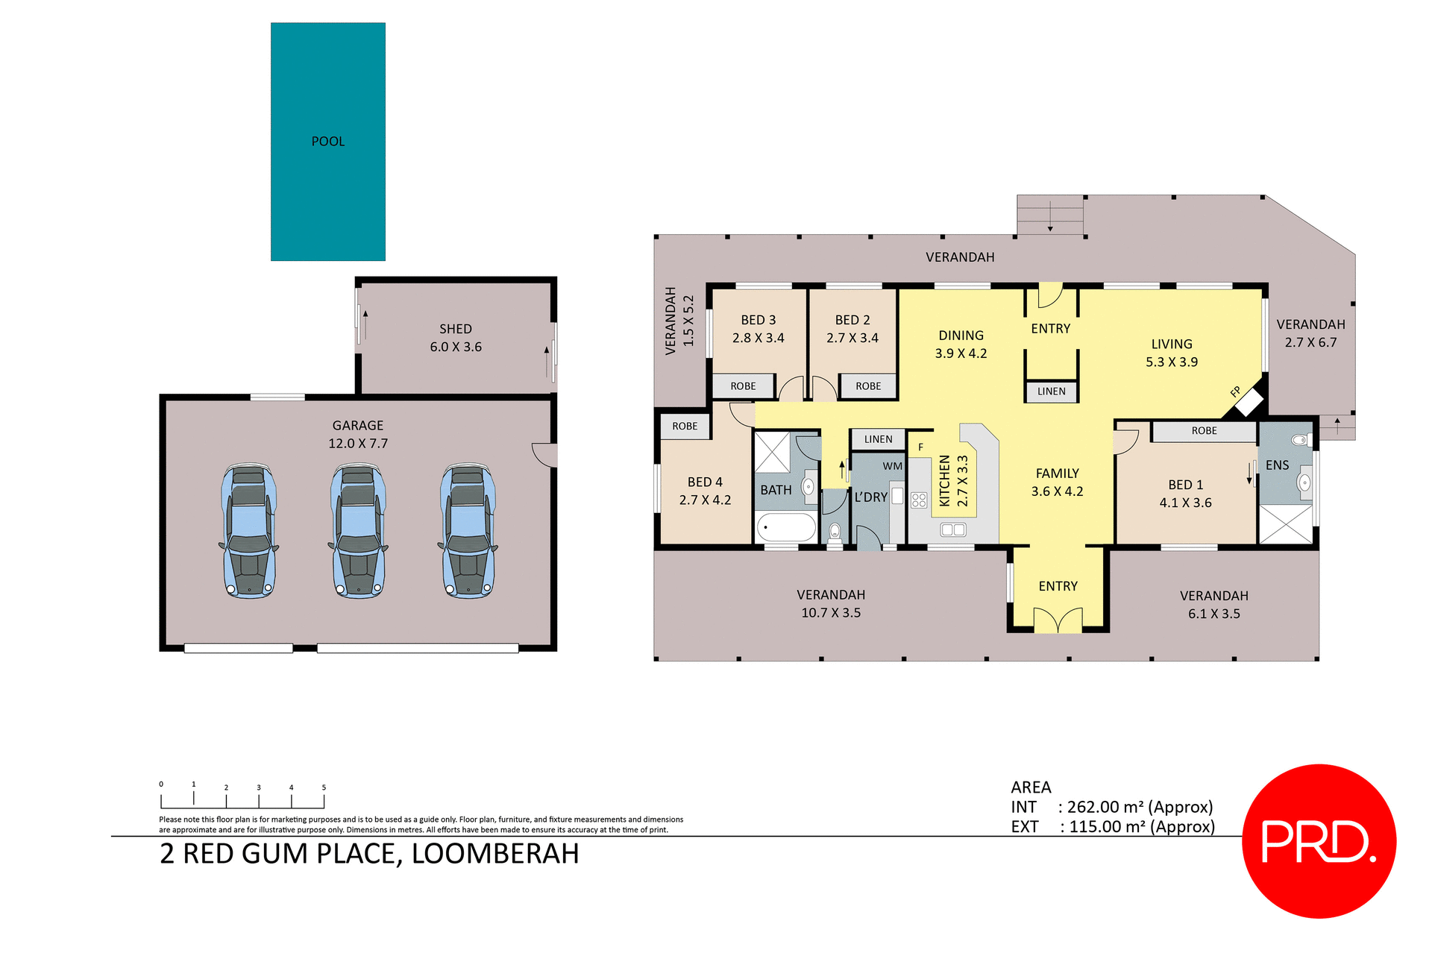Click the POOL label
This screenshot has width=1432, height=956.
pos(328,142)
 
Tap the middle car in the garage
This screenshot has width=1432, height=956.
pos(359,532)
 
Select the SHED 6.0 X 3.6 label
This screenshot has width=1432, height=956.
pos(456,338)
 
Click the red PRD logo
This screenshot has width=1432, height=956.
pos(1319,841)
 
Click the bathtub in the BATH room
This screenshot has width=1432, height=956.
pos(787,528)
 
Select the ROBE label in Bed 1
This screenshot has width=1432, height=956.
pos(1204,431)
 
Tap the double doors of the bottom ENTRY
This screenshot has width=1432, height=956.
pos(1058,620)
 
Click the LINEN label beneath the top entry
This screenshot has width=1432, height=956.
pos(1051,391)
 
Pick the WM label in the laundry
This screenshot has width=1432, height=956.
pos(892,466)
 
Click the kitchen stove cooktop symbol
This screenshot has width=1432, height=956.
pos(919,500)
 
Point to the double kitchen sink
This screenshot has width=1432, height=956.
pos(953,529)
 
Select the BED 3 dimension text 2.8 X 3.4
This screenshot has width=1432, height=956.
pos(758,338)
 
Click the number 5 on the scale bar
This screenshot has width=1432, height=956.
pos(324,787)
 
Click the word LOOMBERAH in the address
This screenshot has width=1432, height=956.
pos(495,854)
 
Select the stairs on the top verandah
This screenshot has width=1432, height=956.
pos(1050,216)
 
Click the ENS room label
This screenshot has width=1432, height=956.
pos(1277,465)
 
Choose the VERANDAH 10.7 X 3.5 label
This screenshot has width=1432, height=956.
pos(831,604)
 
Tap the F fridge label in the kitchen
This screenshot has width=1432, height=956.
pos(920,447)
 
